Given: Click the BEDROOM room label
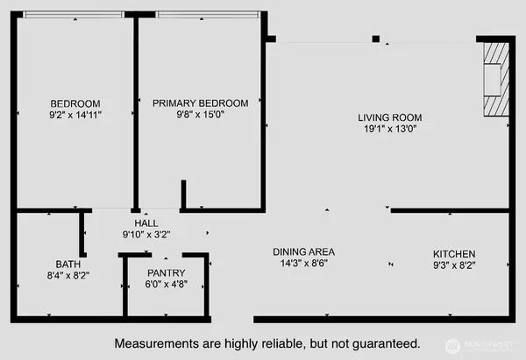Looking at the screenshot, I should tap(75, 102).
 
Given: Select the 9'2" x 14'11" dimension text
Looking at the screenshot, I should tap(75, 114).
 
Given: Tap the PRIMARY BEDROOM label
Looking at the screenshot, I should tap(200, 102).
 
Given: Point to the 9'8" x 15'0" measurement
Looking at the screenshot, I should tap(200, 114).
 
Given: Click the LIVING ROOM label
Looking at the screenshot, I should tap(389, 117).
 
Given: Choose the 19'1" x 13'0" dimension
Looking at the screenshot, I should tap(389, 129).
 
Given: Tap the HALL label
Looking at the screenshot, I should tap(146, 223).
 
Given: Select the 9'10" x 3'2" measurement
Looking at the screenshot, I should tap(146, 235).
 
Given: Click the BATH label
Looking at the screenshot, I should tap(67, 263).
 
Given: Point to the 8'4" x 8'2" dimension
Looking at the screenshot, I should tap(67, 274).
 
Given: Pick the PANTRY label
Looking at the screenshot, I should tap(165, 273).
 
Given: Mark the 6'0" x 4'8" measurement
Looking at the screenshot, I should tap(165, 285).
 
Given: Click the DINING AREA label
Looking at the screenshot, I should tap(303, 251).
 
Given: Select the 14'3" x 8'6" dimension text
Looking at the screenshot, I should tap(303, 263).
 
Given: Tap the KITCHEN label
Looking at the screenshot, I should tap(454, 253).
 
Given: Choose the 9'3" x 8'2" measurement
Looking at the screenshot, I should tap(454, 265).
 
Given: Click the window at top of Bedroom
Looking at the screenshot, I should tap(75, 14).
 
